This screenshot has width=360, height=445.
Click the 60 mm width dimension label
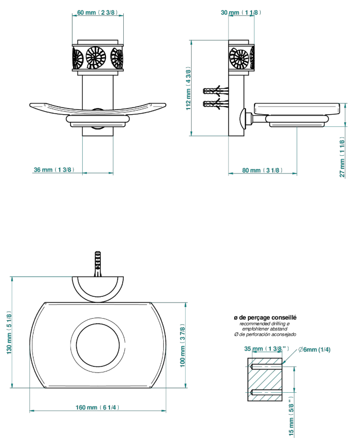[x=97, y=13]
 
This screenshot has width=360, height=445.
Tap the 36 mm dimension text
[x=54, y=169]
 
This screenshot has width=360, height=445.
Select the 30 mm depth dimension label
[x=241, y=13]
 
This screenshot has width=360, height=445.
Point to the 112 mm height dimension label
[x=189, y=89]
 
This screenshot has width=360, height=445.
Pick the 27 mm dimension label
[x=342, y=157]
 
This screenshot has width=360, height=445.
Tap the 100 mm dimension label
[x=183, y=346]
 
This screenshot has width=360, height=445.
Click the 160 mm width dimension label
[x=97, y=407]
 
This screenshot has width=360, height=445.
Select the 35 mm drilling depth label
[x=267, y=349]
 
